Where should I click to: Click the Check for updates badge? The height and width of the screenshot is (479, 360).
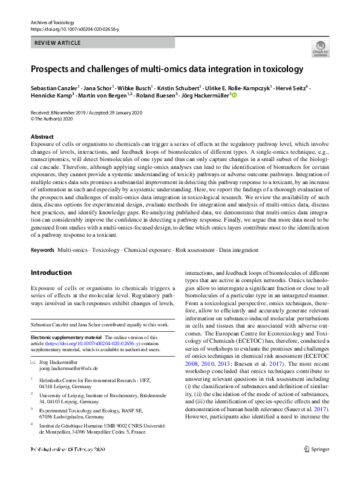[320, 49]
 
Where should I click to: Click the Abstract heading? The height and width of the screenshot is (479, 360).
[42, 137]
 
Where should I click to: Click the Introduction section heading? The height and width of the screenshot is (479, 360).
[51, 273]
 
